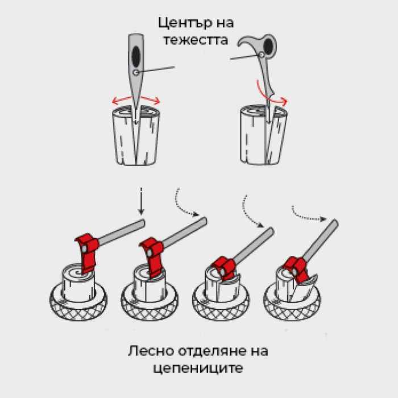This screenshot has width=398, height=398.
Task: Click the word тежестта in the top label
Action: tap(200, 40)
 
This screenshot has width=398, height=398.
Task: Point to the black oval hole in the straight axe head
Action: tap(136, 56)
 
